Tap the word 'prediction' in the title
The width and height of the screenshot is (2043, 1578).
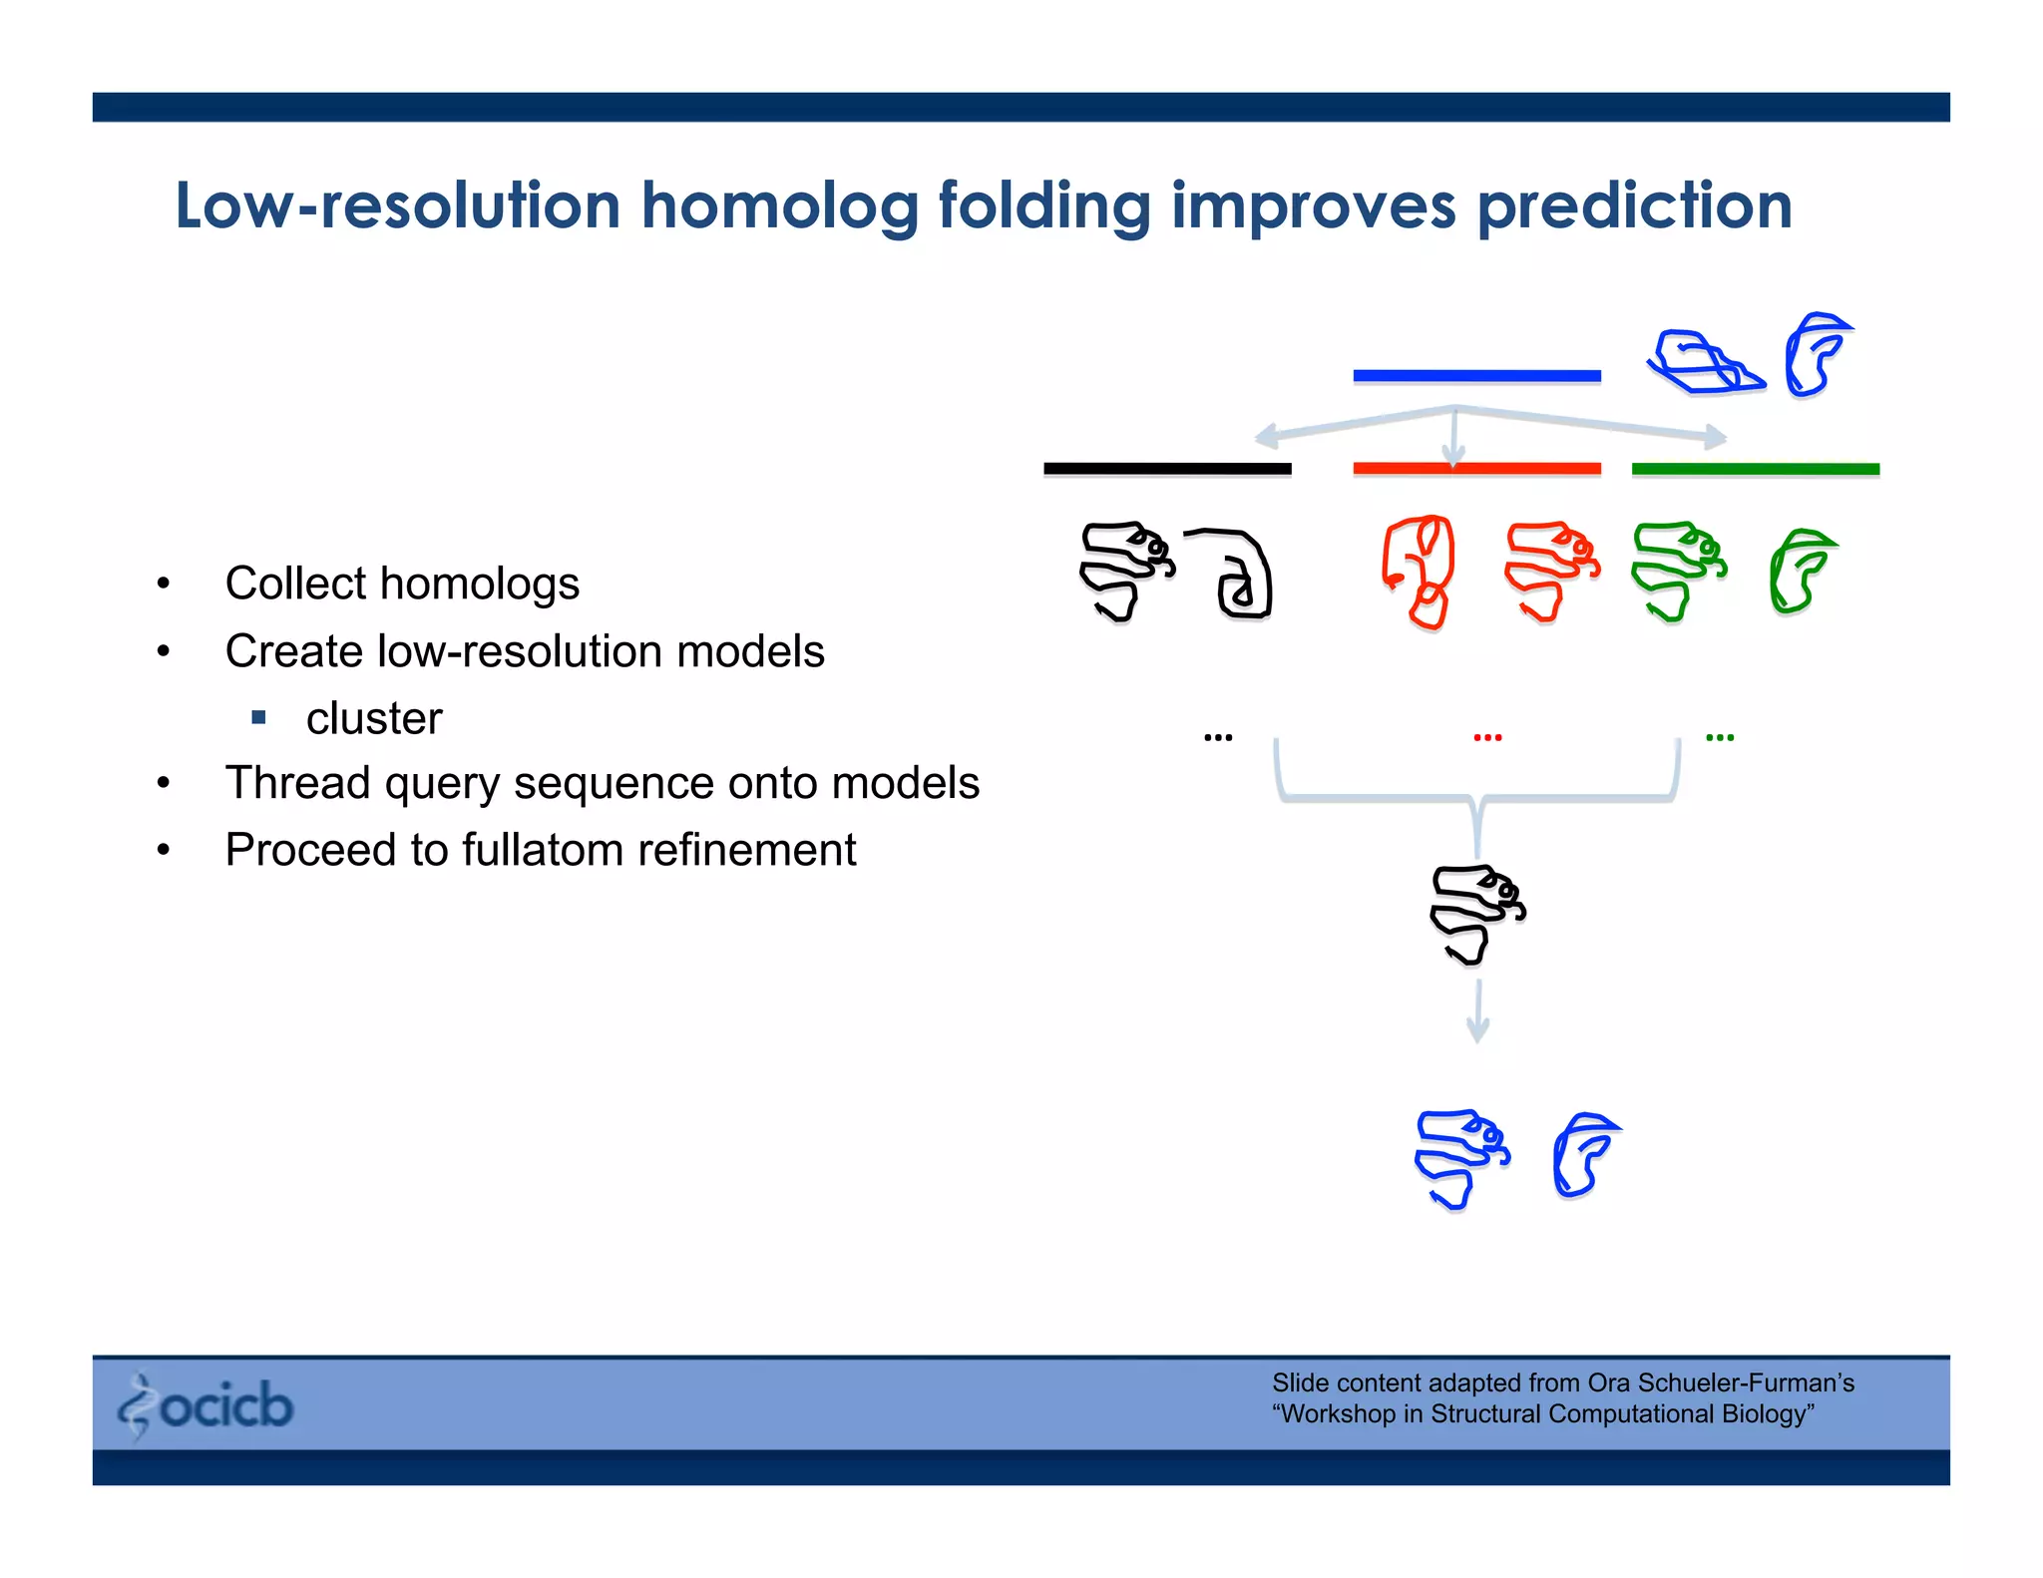[x=1634, y=206]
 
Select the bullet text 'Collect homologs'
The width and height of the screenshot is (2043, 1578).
[x=401, y=584]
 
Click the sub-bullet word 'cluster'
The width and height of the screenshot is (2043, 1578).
[x=373, y=718]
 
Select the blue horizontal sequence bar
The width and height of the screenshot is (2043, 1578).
[x=1476, y=376]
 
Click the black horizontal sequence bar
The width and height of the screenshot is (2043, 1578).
[x=1167, y=469]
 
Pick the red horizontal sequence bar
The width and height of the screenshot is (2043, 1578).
[x=1476, y=469]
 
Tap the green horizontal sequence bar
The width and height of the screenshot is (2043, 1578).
[x=1755, y=469]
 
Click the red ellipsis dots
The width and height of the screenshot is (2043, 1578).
[x=1487, y=738]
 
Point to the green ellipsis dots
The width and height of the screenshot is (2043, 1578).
[x=1720, y=738]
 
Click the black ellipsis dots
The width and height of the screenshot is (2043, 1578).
[x=1218, y=738]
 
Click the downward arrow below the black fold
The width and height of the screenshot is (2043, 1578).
[x=1478, y=1012]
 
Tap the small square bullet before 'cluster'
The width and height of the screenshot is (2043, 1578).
[x=259, y=717]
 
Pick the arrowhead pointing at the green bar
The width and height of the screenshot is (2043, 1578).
[x=1716, y=436]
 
